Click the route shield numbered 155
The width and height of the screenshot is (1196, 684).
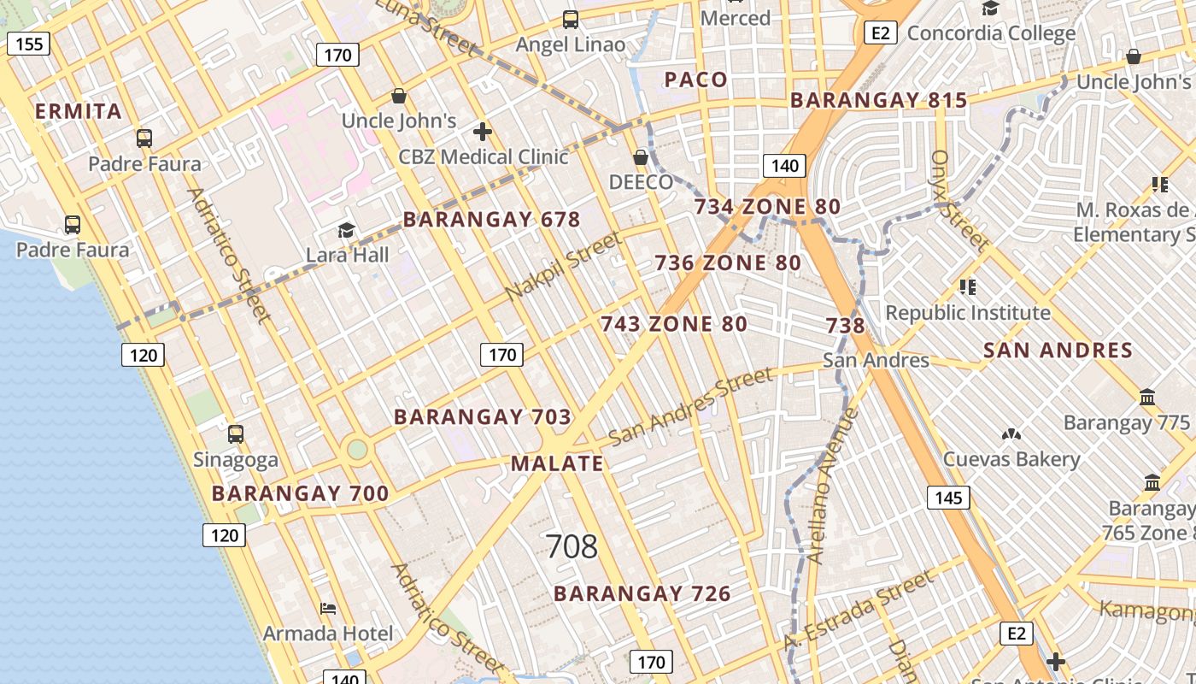point(29,44)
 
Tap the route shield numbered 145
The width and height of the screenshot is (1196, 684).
point(948,498)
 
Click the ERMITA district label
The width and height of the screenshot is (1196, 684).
point(79,111)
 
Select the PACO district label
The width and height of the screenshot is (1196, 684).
point(696,80)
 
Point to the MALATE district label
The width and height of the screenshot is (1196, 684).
point(557,463)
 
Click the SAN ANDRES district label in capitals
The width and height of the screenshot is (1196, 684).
point(1058,350)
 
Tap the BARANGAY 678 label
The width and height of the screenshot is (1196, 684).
point(491,220)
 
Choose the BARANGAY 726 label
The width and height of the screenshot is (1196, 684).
point(642,593)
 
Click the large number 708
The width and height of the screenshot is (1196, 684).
point(572,546)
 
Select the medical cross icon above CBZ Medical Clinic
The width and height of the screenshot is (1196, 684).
point(483,132)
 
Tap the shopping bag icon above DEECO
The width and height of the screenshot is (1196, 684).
point(641,157)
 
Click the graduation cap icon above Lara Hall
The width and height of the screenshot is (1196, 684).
point(346,230)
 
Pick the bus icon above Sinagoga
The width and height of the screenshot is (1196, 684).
point(236,434)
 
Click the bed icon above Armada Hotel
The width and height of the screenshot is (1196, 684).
point(328,609)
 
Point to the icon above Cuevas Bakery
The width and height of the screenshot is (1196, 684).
point(1011,434)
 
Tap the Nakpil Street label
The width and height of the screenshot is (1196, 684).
point(564,266)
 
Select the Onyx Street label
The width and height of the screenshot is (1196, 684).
point(959,201)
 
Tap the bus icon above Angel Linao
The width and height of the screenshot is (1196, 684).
point(571,19)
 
